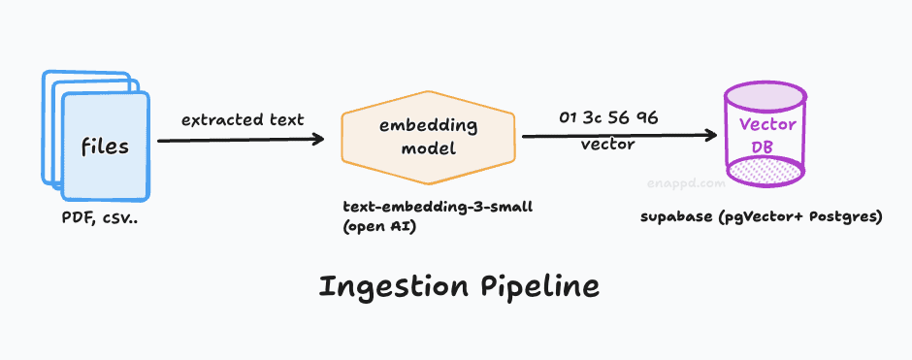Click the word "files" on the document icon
104,147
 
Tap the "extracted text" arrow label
243,119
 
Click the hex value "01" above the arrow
569,118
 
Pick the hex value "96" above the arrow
647,118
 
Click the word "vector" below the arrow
607,145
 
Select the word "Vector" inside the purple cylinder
767,125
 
